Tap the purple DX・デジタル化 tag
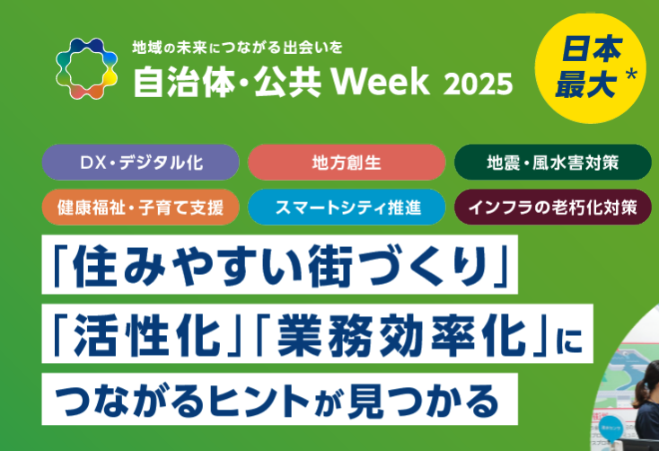(x=140, y=163)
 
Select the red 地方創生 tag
(x=347, y=163)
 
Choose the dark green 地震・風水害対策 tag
(x=553, y=163)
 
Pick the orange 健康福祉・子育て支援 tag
(x=140, y=207)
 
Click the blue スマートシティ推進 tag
(x=347, y=207)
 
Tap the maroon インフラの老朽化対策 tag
(x=553, y=207)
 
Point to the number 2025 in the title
(x=478, y=84)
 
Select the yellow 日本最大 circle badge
(x=590, y=68)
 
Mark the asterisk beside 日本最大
(x=631, y=75)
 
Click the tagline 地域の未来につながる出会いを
(x=237, y=48)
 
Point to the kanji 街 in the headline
(x=329, y=266)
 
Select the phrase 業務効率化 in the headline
(x=401, y=335)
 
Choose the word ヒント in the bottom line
(x=259, y=400)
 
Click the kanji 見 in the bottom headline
(x=365, y=400)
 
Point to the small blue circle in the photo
(x=610, y=428)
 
